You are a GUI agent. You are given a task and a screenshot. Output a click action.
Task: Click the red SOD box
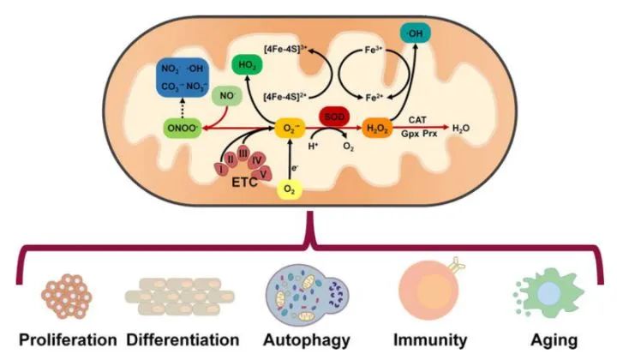(332, 114)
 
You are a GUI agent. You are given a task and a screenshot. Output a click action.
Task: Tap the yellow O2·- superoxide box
(291, 129)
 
